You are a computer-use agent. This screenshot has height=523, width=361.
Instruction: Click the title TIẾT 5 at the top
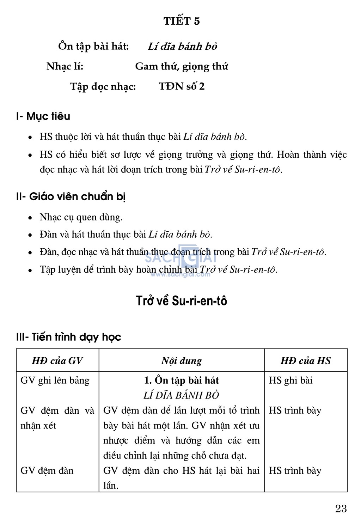(x=182, y=21)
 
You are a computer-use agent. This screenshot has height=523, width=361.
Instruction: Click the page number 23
(x=341, y=508)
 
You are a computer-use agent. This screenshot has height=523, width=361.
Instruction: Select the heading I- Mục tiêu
(x=43, y=116)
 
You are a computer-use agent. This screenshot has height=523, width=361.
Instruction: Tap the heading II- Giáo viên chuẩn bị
(x=71, y=196)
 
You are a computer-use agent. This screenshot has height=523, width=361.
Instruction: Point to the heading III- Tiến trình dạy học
(x=68, y=337)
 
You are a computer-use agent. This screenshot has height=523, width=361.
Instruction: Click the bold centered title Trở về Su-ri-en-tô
(x=182, y=301)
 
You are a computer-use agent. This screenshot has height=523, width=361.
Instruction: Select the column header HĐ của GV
(x=57, y=360)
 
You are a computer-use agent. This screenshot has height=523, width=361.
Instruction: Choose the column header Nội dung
(x=182, y=360)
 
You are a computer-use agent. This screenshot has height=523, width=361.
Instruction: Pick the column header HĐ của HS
(x=306, y=360)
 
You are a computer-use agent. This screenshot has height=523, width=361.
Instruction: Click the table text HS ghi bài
(x=290, y=380)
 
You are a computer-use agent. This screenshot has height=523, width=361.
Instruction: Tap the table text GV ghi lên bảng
(x=55, y=380)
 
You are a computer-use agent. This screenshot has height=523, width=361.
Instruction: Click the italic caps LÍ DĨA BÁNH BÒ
(x=181, y=395)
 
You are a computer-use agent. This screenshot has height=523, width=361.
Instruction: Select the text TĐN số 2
(x=182, y=86)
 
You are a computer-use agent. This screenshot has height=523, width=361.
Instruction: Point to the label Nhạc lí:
(x=65, y=66)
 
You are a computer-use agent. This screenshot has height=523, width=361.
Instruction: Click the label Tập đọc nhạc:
(x=103, y=87)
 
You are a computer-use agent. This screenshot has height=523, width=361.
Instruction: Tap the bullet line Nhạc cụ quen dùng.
(x=81, y=217)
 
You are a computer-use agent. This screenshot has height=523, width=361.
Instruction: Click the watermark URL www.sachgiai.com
(x=180, y=274)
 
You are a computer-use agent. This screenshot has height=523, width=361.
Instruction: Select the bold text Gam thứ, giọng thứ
(x=182, y=66)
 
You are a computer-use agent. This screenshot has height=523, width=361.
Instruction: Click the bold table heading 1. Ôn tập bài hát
(x=182, y=380)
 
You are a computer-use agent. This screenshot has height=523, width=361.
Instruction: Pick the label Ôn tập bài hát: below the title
(x=93, y=46)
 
